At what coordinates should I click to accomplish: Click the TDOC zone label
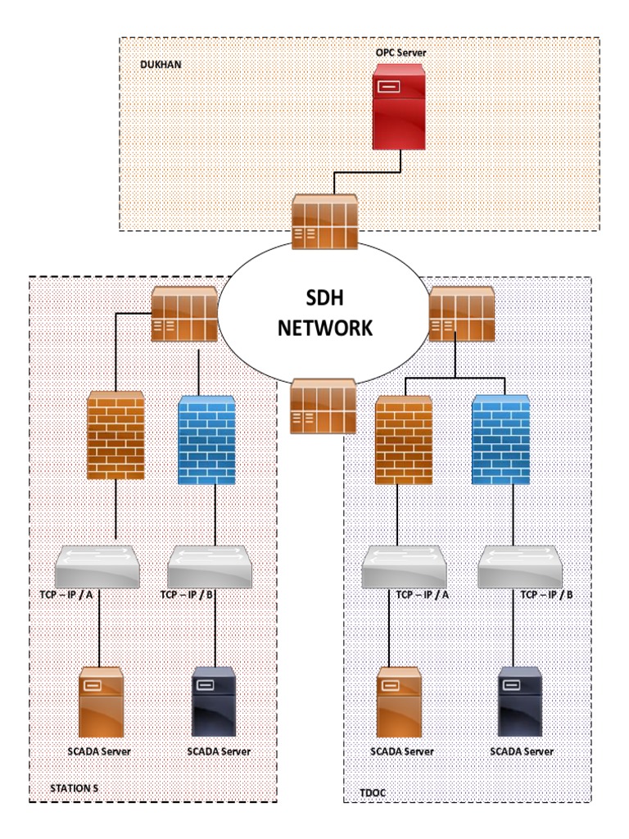[373, 793]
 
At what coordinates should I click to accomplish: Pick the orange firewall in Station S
[115, 434]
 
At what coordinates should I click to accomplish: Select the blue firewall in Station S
[208, 439]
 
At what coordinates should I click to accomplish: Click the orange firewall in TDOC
[403, 439]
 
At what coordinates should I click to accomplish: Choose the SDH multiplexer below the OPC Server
[325, 222]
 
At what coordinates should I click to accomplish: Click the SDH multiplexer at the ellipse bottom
[324, 406]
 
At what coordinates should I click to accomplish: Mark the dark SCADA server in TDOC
[521, 703]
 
